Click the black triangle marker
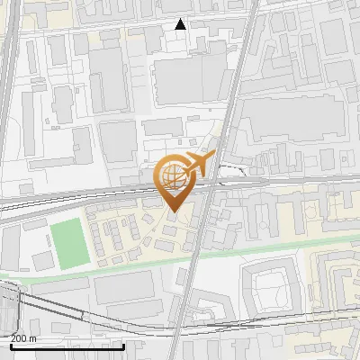pyautogui.click(x=181, y=24)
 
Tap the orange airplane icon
pyautogui.click(x=199, y=164)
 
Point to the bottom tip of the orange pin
pyautogui.click(x=173, y=212)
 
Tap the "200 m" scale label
pyautogui.click(x=24, y=338)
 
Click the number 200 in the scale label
pyautogui.click(x=19, y=338)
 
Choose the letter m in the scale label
pyautogui.click(x=33, y=338)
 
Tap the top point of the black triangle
pyautogui.click(x=181, y=19)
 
